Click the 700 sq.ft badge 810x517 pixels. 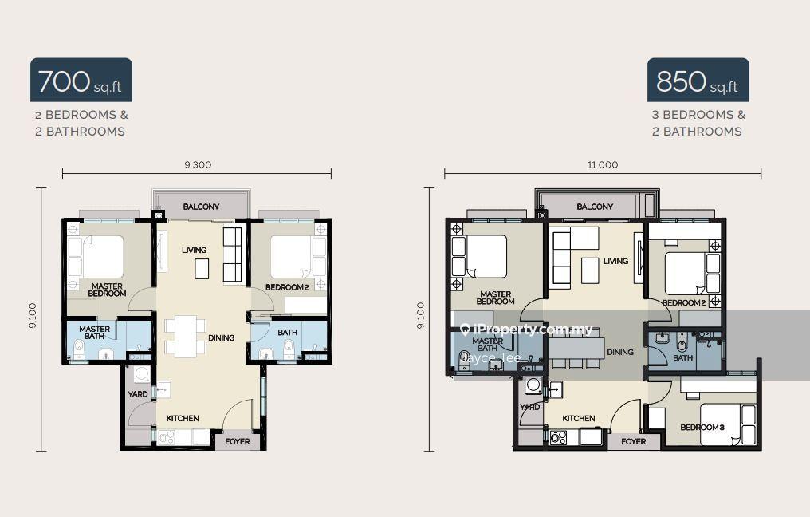[81, 80]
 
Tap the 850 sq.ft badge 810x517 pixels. [698, 80]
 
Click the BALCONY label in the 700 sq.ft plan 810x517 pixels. [201, 207]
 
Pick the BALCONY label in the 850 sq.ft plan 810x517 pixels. [595, 207]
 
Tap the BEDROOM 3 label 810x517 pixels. [702, 428]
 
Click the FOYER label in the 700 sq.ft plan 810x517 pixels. [237, 441]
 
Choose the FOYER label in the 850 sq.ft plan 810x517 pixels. [633, 441]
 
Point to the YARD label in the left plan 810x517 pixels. [137, 394]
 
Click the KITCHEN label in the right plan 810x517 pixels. [579, 418]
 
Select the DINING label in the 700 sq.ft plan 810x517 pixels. [221, 338]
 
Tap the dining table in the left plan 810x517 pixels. [186, 336]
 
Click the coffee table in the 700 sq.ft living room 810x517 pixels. [202, 269]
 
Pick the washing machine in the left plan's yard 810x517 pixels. [142, 374]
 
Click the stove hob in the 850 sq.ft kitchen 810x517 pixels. [558, 438]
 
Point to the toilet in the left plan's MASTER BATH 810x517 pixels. [78, 349]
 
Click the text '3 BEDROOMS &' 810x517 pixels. [698, 115]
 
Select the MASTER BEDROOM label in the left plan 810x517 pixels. [107, 290]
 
